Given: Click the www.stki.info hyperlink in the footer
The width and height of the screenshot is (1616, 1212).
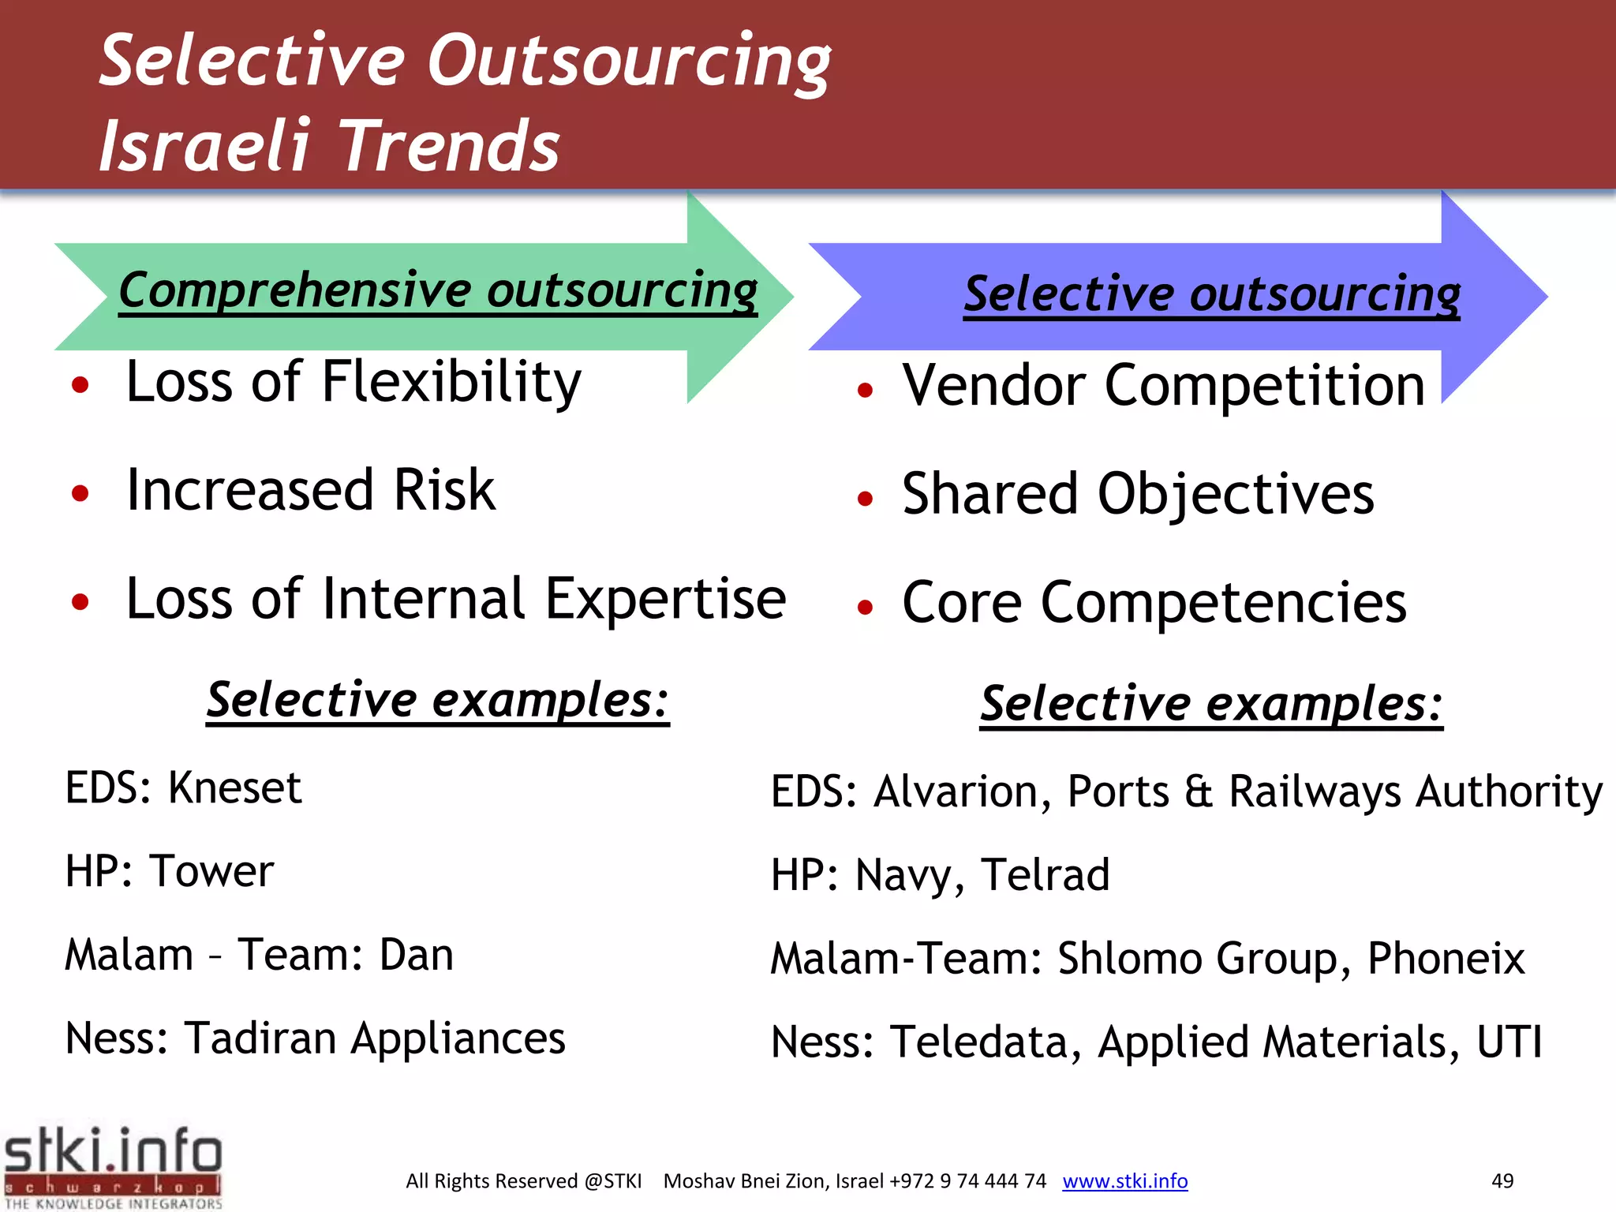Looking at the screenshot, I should [x=1124, y=1180].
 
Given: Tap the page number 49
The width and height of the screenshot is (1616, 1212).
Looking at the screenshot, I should [x=1502, y=1180].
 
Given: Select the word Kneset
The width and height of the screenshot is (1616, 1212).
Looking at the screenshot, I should [x=235, y=787].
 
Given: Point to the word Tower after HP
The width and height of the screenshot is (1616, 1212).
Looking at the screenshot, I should [x=211, y=871].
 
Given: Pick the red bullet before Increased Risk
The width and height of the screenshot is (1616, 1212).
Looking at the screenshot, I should [x=80, y=493].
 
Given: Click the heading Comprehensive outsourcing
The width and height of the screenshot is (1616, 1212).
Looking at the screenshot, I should [x=438, y=290].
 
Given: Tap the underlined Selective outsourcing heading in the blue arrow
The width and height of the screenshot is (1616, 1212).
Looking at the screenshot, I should [x=1211, y=294].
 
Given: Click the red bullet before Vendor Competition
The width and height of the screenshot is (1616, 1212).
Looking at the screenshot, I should [x=865, y=389].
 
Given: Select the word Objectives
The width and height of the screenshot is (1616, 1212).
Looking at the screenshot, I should [x=1236, y=494].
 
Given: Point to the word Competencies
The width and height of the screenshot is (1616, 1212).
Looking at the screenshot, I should [x=1223, y=603].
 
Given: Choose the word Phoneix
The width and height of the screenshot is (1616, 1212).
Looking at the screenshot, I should [x=1446, y=959].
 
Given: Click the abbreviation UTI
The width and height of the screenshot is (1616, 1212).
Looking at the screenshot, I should [x=1509, y=1042].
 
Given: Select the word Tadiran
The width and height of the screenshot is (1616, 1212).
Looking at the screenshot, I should [x=260, y=1038].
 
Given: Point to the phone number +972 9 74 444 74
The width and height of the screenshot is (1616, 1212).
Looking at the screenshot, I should [x=967, y=1180].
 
